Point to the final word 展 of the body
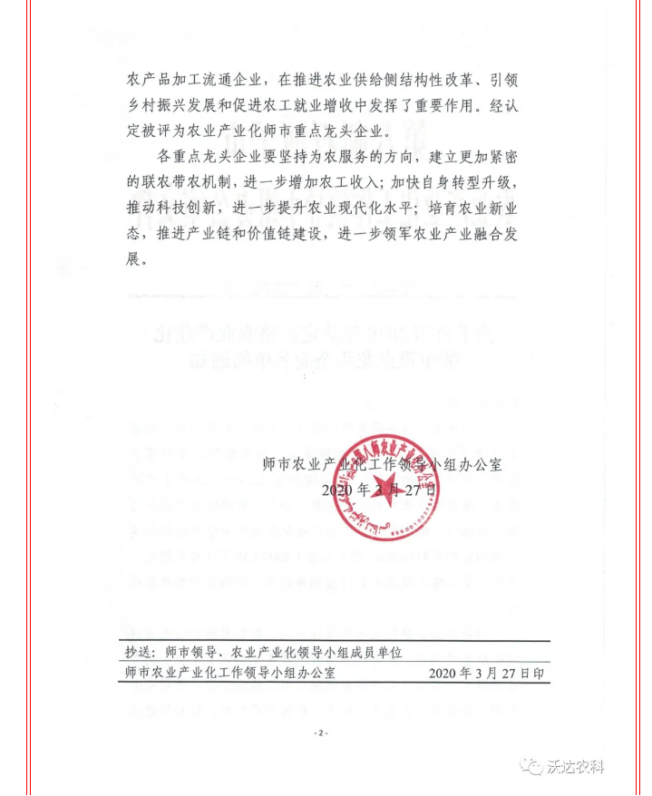coord(135,259)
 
